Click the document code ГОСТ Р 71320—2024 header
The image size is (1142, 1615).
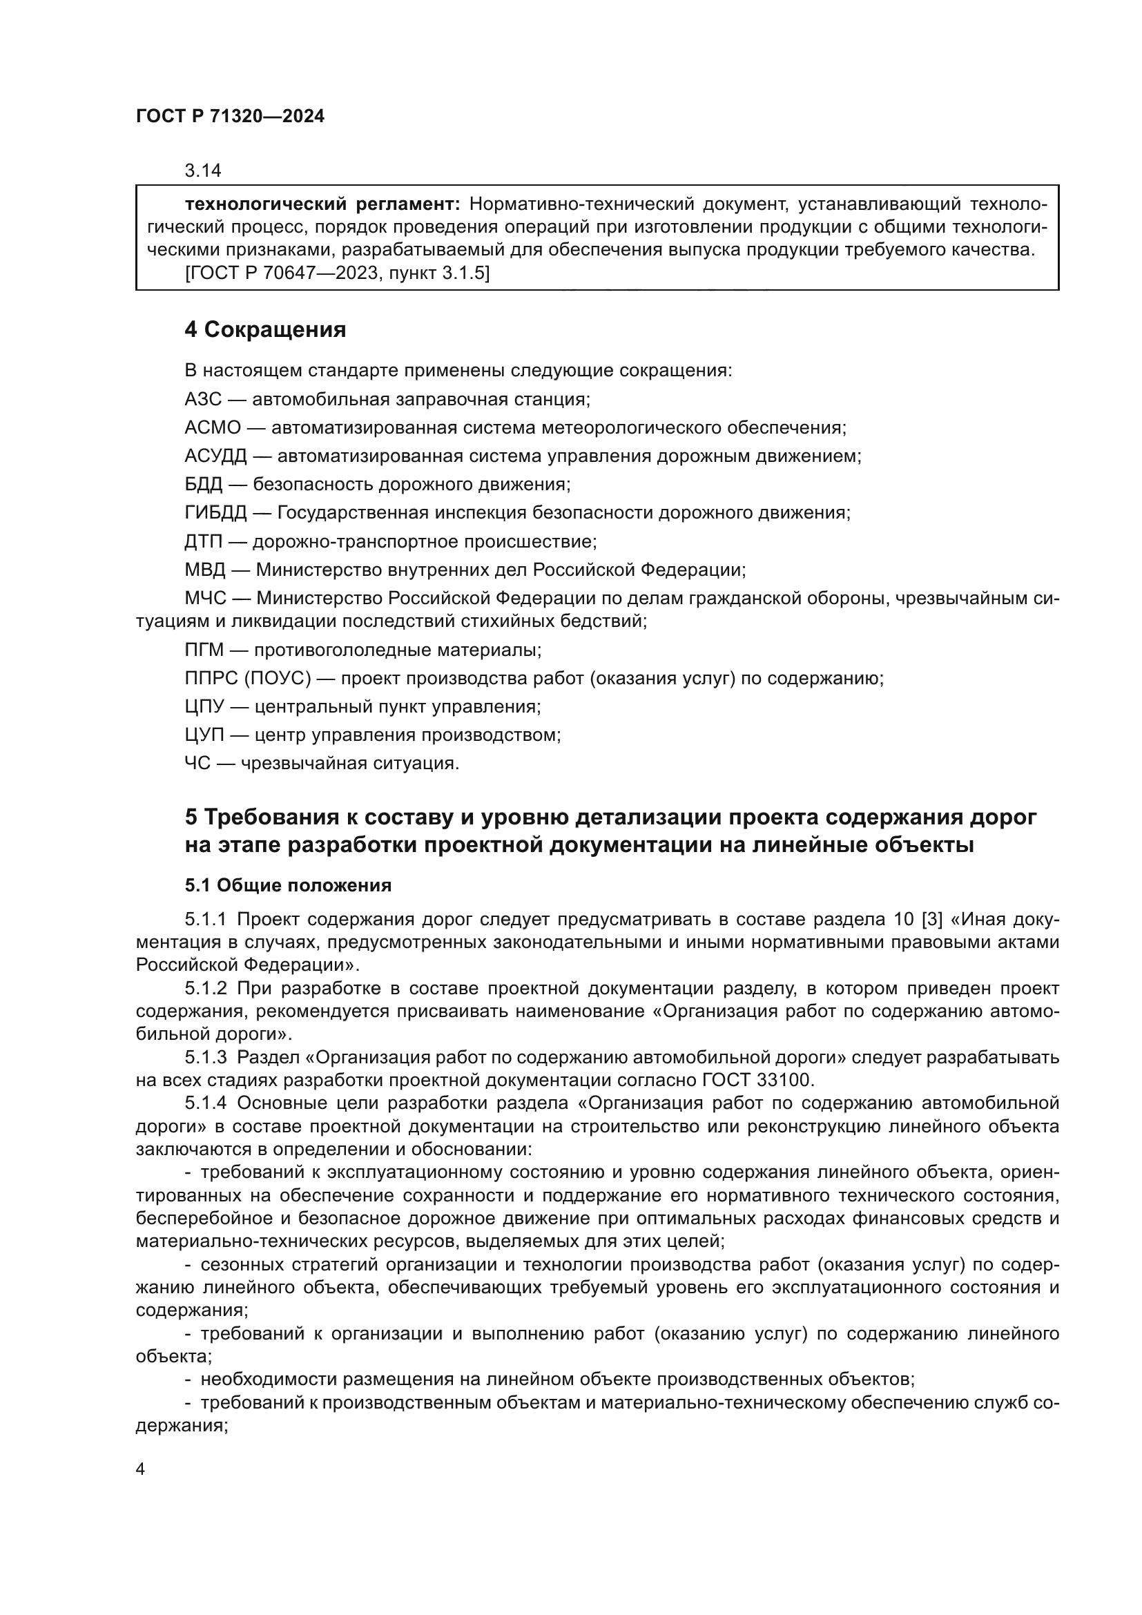230,117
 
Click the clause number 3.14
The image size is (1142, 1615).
202,171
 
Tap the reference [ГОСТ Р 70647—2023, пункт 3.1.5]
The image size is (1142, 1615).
337,273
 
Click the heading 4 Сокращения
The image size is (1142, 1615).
265,329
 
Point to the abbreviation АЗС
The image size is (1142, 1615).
202,400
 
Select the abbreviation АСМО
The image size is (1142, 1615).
213,427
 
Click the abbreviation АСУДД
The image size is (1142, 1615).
215,456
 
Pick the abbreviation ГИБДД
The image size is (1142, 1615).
215,513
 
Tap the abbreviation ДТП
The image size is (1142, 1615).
203,541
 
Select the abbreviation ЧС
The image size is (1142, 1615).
197,763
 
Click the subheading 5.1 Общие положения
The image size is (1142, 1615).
289,886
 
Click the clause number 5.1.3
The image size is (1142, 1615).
206,1057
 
